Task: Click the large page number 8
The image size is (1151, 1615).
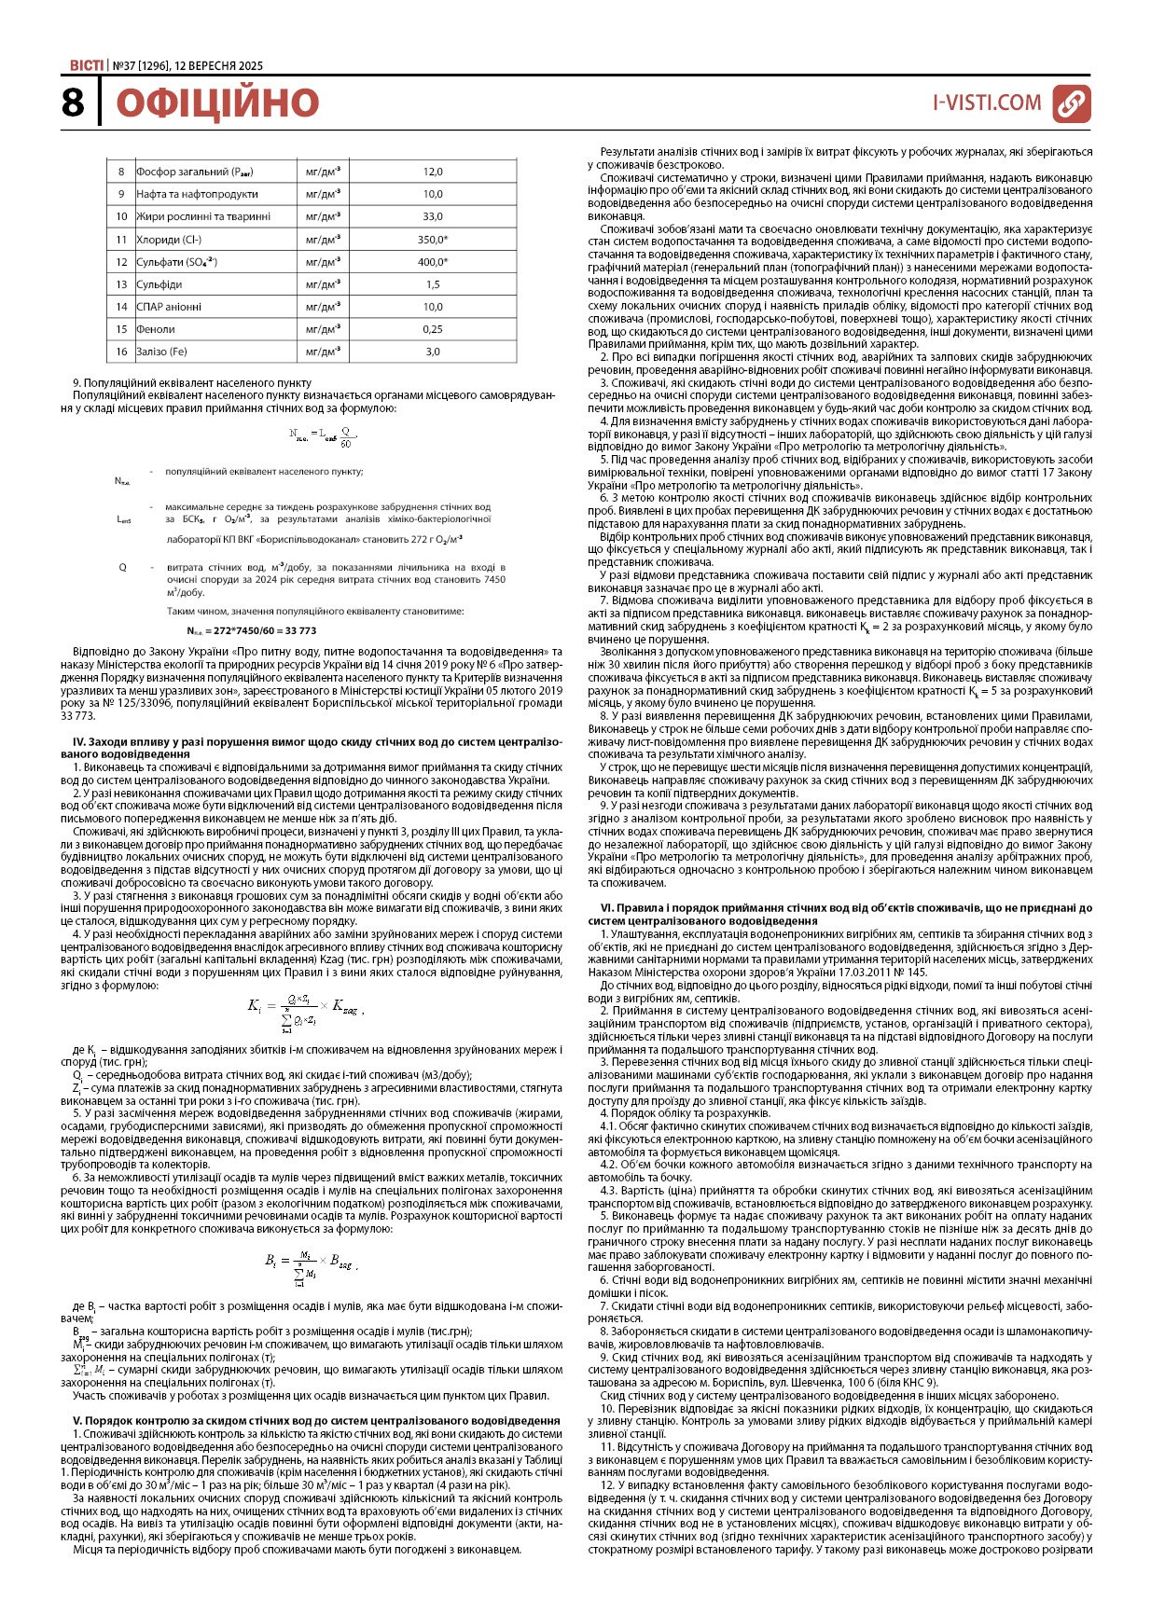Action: (73, 103)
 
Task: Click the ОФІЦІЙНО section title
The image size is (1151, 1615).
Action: (216, 103)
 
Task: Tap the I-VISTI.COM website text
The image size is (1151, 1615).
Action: (987, 103)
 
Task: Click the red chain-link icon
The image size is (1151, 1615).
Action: (1071, 103)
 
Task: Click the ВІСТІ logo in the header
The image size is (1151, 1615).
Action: (87, 65)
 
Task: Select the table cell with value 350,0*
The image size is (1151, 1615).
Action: (432, 240)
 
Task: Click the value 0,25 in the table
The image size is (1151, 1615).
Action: (432, 329)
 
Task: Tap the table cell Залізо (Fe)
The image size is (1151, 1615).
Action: (162, 352)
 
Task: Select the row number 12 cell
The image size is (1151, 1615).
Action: (121, 262)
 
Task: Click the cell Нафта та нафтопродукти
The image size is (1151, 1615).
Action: (197, 194)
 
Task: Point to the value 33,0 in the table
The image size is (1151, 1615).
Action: (432, 216)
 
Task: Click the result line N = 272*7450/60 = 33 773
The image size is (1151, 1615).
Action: (251, 630)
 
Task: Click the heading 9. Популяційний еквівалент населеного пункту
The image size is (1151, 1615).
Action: (191, 382)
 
